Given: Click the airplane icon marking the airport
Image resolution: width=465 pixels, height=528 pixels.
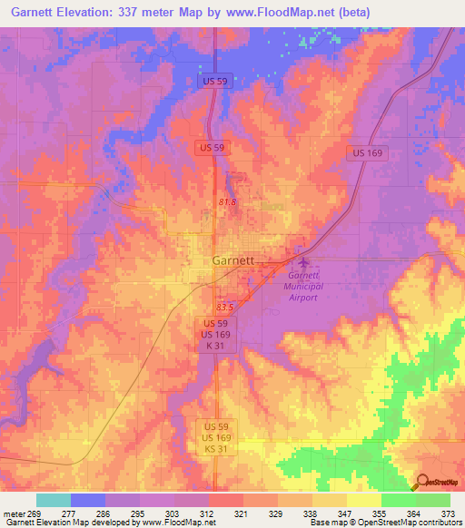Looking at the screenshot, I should (x=302, y=262).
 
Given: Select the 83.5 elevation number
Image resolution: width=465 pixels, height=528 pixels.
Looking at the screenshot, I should (x=226, y=308).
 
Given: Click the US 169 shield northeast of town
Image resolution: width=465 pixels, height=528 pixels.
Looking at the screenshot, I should (x=369, y=154).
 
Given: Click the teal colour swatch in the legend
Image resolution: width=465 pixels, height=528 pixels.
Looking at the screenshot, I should (x=54, y=500).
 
